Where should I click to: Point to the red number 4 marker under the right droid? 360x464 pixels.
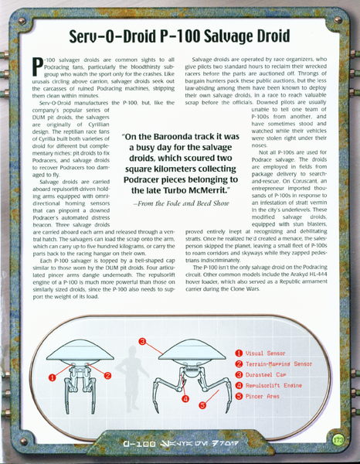tap(185, 400)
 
